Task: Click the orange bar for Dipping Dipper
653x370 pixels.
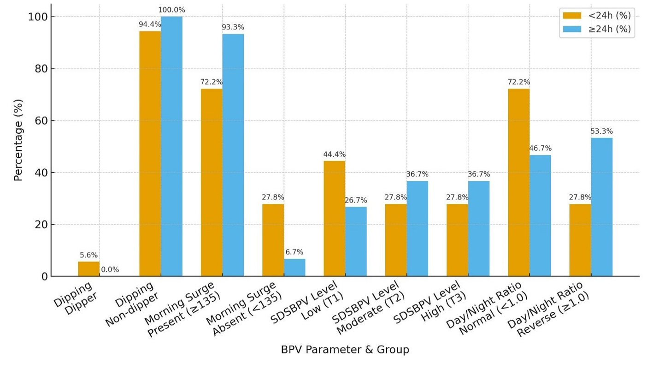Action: coord(88,269)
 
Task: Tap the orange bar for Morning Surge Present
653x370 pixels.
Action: coord(212,183)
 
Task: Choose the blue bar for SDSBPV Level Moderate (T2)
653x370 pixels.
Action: coord(417,229)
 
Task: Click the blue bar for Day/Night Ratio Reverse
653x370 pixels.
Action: coord(601,207)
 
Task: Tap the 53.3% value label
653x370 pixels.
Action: coord(601,131)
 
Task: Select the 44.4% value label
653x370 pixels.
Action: coord(334,155)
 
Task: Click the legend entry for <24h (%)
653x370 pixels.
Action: coord(597,16)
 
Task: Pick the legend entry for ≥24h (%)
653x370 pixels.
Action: coord(597,30)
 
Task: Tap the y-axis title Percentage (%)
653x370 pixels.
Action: coord(18,140)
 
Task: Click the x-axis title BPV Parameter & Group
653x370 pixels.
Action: coord(345,350)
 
